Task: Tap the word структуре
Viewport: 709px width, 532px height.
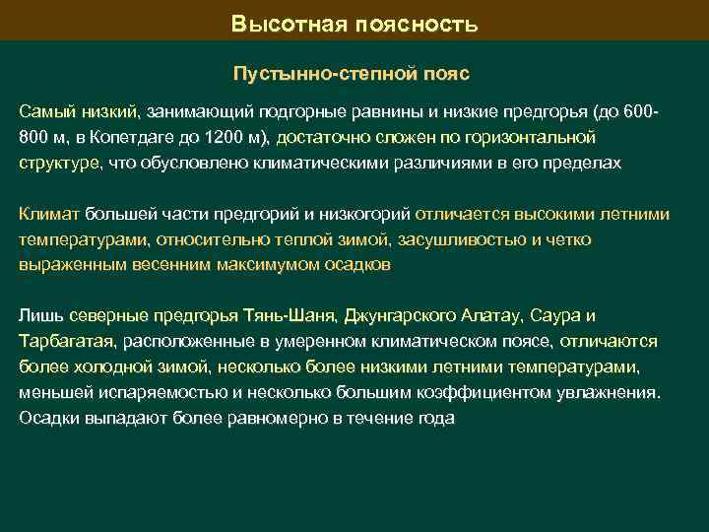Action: pos(58,163)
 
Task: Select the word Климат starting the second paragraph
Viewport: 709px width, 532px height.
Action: pos(49,213)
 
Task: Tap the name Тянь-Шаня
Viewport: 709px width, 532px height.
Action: pos(295,315)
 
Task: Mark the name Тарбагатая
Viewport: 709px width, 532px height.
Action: pos(66,341)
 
